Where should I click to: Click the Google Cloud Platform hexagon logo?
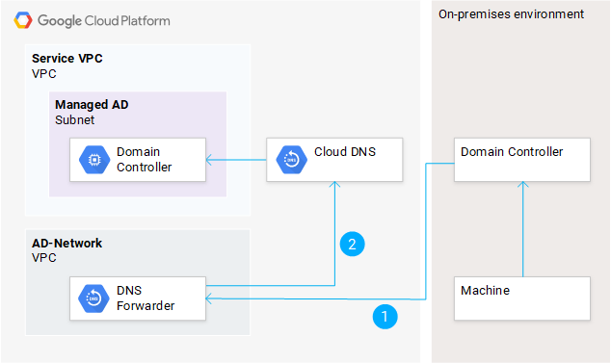tap(21, 19)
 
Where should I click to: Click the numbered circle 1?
tap(385, 316)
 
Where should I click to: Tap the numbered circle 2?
tap(353, 244)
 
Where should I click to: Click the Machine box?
tap(521, 298)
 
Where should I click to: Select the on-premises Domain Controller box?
tap(521, 158)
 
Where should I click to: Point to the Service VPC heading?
tap(67, 59)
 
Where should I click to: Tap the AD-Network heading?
tap(67, 244)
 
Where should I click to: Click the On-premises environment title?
tap(511, 14)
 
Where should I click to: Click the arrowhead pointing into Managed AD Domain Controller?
tap(210, 159)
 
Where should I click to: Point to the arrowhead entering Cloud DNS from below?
tap(333, 186)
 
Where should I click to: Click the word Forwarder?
tap(146, 307)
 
